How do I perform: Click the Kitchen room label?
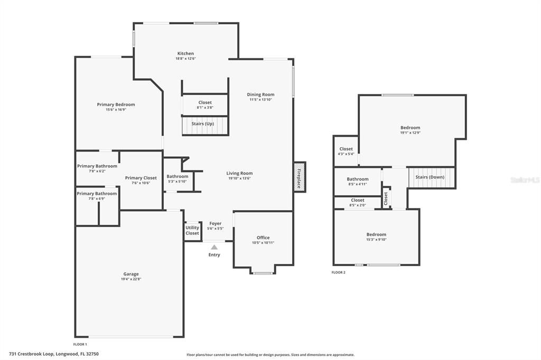pos(185,53)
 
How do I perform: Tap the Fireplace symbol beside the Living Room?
pos(299,177)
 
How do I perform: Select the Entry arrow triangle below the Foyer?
pos(214,247)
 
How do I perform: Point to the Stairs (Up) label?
pos(203,124)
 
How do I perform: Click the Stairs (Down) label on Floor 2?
pos(429,177)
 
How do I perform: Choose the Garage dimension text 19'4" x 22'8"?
pos(131,279)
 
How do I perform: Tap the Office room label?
pos(263,238)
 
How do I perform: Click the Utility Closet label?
pos(192,230)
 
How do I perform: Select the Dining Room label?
pos(261,94)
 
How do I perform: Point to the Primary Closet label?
pos(141,178)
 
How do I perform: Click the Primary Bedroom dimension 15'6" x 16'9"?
pos(116,109)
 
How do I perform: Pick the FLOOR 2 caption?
pos(338,272)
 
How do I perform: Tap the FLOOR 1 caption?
pos(80,344)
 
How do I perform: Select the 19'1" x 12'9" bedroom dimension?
pos(410,133)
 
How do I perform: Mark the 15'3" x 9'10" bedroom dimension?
pos(376,239)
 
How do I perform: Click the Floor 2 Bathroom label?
pos(358,179)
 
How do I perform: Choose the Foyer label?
pos(216,223)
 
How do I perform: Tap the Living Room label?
pos(240,173)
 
